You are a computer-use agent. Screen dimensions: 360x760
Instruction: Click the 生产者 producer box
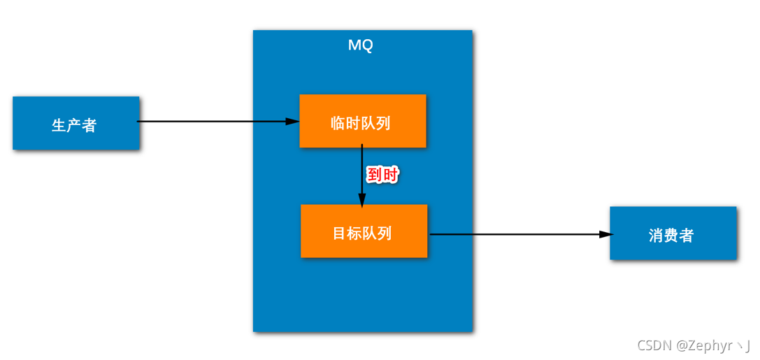pyautogui.click(x=76, y=123)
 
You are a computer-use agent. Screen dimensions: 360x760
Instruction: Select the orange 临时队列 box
pyautogui.click(x=362, y=120)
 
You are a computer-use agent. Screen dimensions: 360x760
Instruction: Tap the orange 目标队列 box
pyautogui.click(x=364, y=231)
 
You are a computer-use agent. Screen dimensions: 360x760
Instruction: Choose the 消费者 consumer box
pyautogui.click(x=673, y=233)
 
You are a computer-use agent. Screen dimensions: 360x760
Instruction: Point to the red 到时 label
pyautogui.click(x=382, y=175)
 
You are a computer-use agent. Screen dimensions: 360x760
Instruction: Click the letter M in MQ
pyautogui.click(x=354, y=45)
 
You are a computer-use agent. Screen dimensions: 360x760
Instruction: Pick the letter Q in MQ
pyautogui.click(x=367, y=45)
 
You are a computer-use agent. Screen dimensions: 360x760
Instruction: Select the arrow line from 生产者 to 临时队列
pyautogui.click(x=210, y=122)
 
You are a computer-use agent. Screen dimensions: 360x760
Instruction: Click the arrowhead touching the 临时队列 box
pyautogui.click(x=292, y=122)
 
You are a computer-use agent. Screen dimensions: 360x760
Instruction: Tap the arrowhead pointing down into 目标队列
pyautogui.click(x=362, y=199)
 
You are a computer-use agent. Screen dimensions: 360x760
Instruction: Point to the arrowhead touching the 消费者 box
pyautogui.click(x=604, y=235)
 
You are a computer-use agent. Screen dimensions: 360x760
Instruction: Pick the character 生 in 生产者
pyautogui.click(x=59, y=125)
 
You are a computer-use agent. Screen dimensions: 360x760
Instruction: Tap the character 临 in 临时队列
pyautogui.click(x=338, y=124)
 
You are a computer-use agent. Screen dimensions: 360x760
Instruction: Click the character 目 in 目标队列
pyautogui.click(x=340, y=233)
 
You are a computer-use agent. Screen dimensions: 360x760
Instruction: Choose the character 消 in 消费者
pyautogui.click(x=656, y=236)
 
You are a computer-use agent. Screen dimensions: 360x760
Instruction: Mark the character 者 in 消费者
pyautogui.click(x=687, y=236)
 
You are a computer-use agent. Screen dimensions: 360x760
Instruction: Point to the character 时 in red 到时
pyautogui.click(x=390, y=175)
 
